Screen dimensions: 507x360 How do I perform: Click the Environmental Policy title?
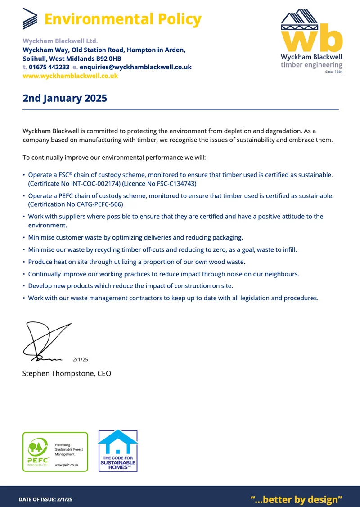point(123,19)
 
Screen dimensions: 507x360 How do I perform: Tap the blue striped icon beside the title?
point(31,19)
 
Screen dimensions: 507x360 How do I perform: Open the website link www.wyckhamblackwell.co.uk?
point(70,76)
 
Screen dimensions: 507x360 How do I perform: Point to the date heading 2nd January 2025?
point(65,98)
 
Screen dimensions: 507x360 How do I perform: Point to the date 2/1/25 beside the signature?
point(80,359)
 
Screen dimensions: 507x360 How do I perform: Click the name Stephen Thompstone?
point(58,373)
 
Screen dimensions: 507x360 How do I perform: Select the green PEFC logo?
point(55,451)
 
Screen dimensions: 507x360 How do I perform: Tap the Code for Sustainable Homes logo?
point(118,451)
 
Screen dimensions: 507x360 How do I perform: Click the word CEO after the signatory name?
point(104,373)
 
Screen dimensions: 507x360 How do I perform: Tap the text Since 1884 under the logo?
point(333,72)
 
